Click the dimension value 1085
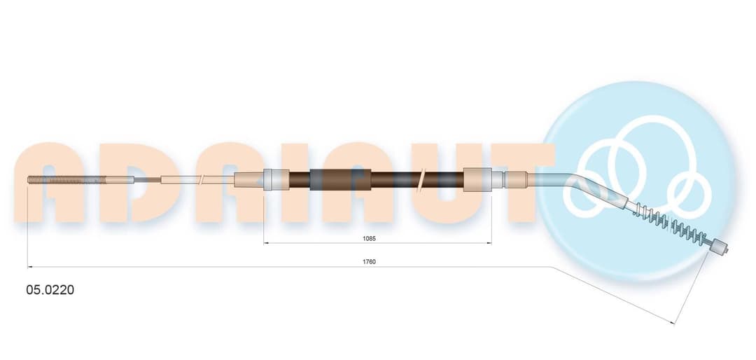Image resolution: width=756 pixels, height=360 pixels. click(369, 238)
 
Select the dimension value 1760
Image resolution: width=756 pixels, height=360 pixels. click(369, 261)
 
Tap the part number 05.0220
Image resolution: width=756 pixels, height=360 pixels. click(50, 290)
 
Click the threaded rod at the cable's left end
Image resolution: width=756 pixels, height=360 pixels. click(67, 180)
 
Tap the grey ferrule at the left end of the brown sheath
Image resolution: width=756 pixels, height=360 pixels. click(276, 179)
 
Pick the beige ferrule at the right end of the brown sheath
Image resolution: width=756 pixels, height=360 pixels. click(477, 179)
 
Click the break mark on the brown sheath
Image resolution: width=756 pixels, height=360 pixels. click(422, 179)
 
